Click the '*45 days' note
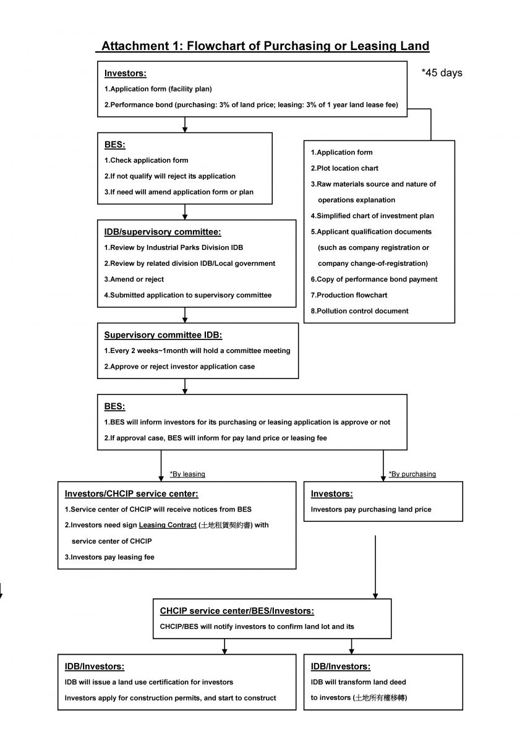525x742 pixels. [442, 72]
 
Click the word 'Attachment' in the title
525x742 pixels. [135, 46]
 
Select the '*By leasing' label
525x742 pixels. [187, 474]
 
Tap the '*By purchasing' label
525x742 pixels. [412, 474]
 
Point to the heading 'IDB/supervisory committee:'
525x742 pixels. [162, 232]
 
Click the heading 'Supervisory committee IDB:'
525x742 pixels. [163, 335]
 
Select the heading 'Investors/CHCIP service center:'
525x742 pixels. [131, 493]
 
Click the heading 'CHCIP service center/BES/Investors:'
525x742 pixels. [237, 611]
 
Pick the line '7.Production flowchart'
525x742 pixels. [349, 295]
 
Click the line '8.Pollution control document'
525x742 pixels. [359, 311]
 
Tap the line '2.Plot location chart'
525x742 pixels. [344, 168]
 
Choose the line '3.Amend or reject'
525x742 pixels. [134, 279]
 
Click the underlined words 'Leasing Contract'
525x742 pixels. [168, 525]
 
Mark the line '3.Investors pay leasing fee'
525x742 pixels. [109, 557]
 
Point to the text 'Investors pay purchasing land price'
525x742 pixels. [371, 510]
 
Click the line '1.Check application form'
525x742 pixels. [146, 160]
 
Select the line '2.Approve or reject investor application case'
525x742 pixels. [179, 367]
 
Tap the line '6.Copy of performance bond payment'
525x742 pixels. [374, 279]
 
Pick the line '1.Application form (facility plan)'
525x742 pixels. [158, 89]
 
